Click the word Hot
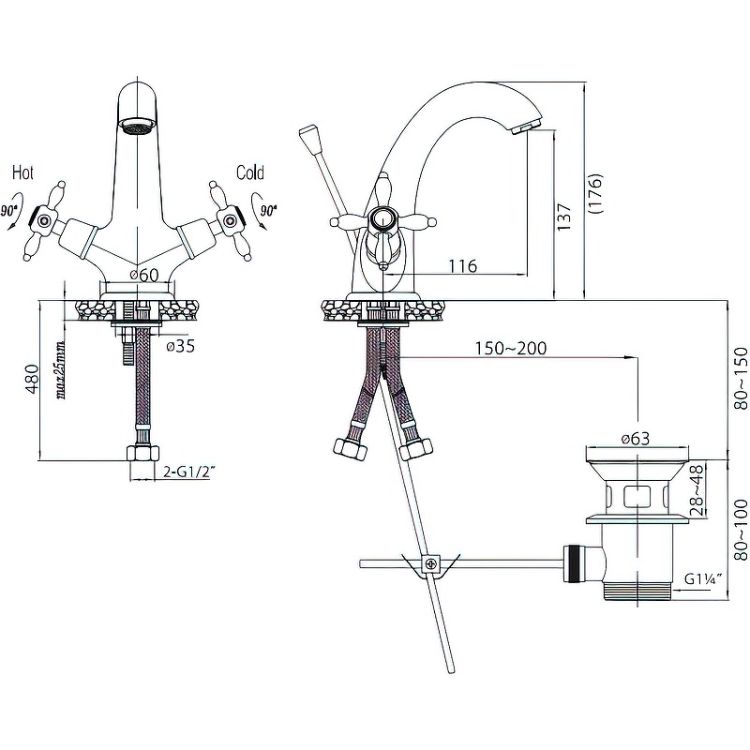tap(22, 172)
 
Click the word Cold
tap(250, 172)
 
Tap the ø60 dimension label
tap(144, 275)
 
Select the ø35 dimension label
tap(181, 346)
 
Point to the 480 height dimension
tap(32, 379)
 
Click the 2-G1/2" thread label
tap(187, 472)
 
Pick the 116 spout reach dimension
tap(462, 265)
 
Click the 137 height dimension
tap(564, 217)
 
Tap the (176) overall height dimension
tap(595, 193)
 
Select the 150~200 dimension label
tap(510, 348)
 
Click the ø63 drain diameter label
tap(636, 438)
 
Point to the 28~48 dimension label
tap(697, 491)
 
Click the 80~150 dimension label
tap(741, 379)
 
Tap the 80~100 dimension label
tap(741, 530)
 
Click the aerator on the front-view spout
tap(138, 127)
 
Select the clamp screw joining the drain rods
tap(431, 563)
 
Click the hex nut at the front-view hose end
tap(142, 454)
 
